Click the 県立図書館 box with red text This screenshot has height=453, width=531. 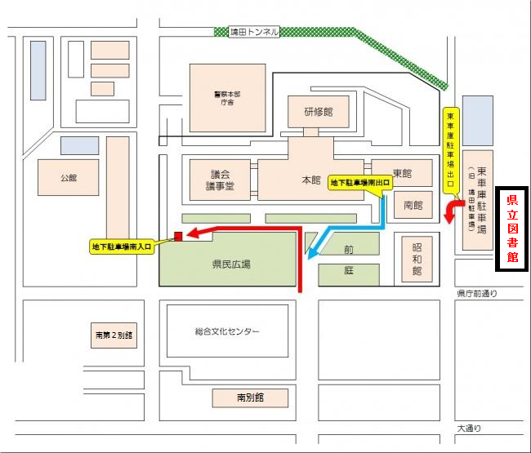(x=512, y=229)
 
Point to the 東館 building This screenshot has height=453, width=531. (x=402, y=173)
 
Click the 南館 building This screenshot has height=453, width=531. (x=413, y=204)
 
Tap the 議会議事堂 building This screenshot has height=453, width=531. (x=221, y=180)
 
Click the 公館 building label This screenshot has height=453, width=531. (x=68, y=177)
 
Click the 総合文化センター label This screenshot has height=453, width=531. (x=227, y=331)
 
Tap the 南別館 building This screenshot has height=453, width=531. (x=251, y=398)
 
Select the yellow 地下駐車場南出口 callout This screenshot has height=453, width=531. (x=359, y=184)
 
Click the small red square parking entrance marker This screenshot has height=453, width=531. (x=177, y=238)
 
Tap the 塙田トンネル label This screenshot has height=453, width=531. (x=254, y=32)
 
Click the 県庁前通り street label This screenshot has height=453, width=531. (x=476, y=292)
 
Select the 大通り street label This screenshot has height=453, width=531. (x=470, y=428)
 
